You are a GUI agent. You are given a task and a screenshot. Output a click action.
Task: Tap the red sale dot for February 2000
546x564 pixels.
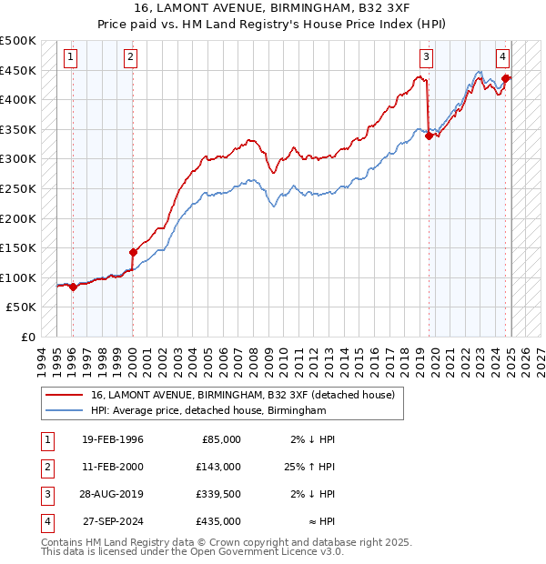[x=133, y=252]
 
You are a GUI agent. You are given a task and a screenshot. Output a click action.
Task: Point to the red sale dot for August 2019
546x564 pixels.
[x=429, y=136]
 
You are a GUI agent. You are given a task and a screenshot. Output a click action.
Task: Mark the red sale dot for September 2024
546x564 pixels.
[x=505, y=79]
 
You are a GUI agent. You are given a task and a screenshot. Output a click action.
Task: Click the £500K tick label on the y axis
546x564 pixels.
[x=18, y=41]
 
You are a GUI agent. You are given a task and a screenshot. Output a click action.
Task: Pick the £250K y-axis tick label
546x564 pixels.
[x=18, y=188]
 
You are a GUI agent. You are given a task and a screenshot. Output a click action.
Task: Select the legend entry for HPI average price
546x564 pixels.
[x=208, y=411]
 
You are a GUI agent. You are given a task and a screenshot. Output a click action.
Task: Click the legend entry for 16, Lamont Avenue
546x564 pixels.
[x=242, y=395]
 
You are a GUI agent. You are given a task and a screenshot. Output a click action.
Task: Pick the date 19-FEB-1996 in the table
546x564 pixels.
[x=113, y=439]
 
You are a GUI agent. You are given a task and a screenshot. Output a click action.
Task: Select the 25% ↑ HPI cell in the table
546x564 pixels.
[x=309, y=467]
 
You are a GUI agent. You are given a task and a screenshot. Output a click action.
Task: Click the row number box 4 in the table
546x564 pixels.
[x=45, y=521]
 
